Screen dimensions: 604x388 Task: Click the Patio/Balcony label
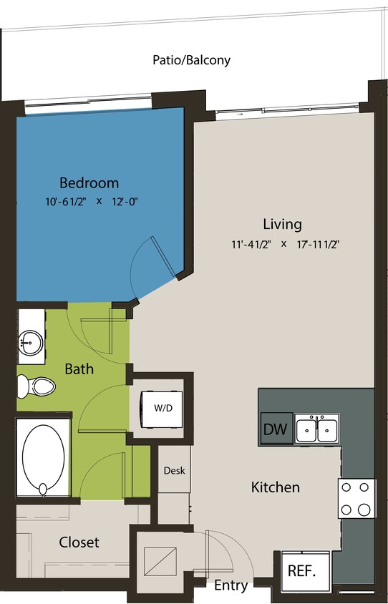191,60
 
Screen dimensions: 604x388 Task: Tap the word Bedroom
89,182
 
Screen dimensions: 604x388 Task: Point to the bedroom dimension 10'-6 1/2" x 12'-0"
90,202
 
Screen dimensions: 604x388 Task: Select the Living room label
282,223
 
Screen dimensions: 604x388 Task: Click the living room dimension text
285,244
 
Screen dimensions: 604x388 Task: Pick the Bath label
79,369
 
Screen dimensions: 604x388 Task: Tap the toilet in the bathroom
37,387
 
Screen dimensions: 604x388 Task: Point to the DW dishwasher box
275,429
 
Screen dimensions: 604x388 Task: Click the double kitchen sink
317,429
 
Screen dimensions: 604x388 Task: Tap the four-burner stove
357,498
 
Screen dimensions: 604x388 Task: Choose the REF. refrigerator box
305,571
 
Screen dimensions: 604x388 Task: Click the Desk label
175,470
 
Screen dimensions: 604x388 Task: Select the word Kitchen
275,487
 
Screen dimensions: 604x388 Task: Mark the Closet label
79,542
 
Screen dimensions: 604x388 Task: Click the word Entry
231,585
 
